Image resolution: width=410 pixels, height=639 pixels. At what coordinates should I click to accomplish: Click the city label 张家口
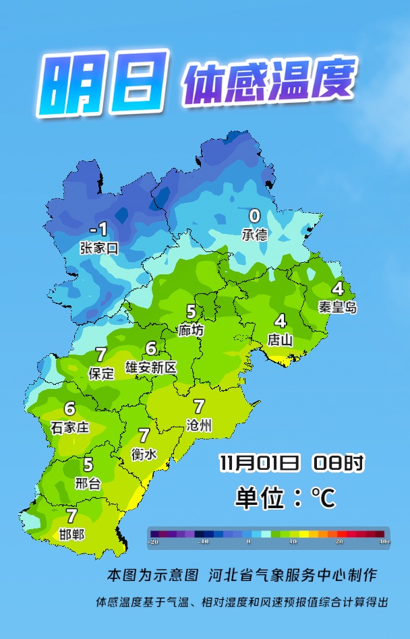tap(98, 248)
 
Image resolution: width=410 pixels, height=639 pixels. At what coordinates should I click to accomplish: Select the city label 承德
tap(254, 234)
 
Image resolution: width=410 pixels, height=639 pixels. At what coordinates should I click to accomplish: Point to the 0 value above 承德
tap(254, 216)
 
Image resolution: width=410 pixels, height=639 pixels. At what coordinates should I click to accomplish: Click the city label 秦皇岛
tap(338, 307)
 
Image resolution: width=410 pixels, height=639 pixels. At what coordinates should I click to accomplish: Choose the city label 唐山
tap(280, 340)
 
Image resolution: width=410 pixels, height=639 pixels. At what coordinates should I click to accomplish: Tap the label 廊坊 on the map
tap(191, 330)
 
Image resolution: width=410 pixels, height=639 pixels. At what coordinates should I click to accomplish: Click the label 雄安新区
tap(151, 367)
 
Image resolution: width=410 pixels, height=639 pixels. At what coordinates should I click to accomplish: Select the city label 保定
tap(102, 373)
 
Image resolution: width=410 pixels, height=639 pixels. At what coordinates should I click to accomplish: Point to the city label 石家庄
tap(69, 427)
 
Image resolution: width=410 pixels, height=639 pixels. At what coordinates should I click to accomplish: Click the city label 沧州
tap(199, 425)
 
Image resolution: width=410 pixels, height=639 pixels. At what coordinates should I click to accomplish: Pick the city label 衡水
tap(144, 454)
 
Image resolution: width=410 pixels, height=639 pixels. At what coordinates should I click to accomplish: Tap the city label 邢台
tap(88, 483)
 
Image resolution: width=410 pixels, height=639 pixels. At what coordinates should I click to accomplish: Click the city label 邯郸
tap(71, 535)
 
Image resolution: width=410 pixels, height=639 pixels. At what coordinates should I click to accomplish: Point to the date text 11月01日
tap(259, 463)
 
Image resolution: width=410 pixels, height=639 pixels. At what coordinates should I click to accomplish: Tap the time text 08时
tap(339, 463)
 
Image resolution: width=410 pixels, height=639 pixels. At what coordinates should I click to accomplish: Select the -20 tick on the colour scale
tap(154, 541)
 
